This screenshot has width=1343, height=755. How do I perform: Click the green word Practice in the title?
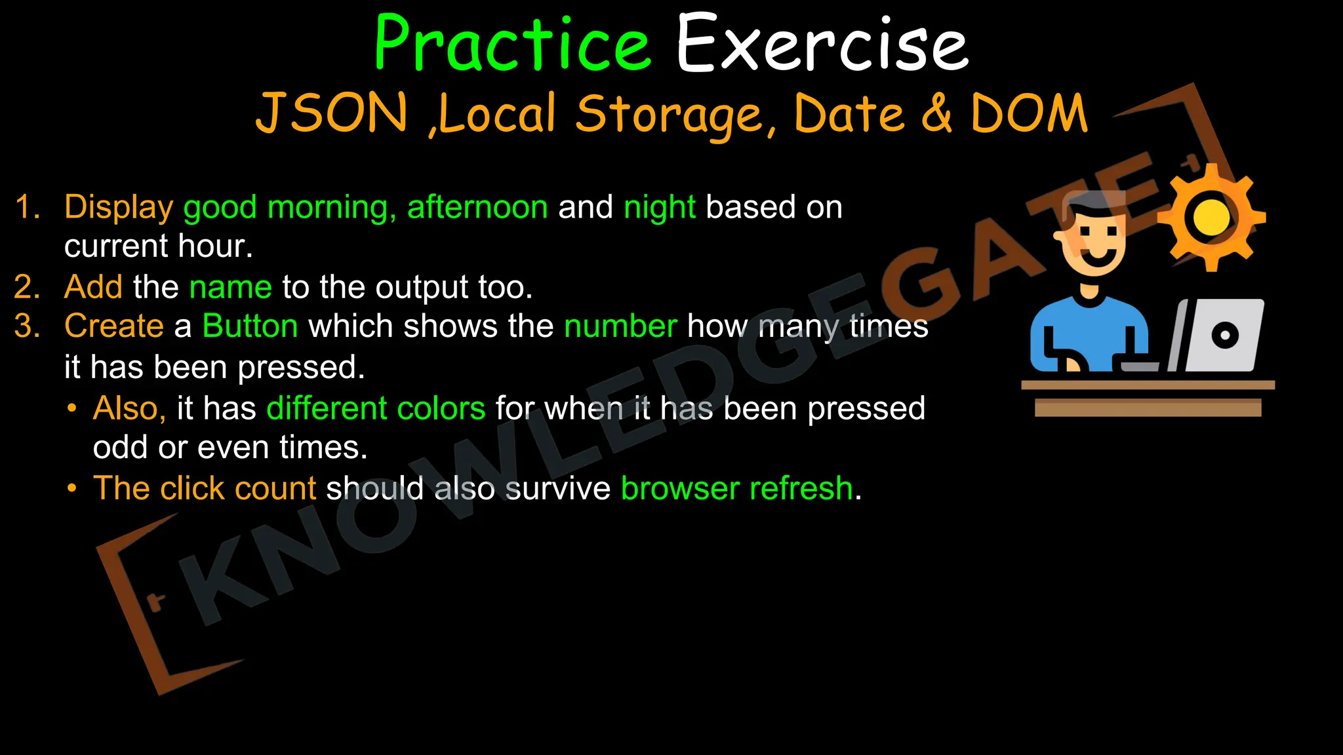512,45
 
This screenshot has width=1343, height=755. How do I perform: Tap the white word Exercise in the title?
822,45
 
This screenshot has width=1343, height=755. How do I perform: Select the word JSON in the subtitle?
332,113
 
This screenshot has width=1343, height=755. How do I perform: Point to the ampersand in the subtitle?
937,113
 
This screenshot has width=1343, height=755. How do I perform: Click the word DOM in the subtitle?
1029,113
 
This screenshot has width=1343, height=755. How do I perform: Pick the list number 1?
27,207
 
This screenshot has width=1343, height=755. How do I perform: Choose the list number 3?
27,326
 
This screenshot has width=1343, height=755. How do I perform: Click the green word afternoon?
477,207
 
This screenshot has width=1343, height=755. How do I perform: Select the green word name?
230,287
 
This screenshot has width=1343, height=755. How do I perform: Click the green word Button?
250,326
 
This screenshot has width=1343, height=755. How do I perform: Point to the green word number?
620,326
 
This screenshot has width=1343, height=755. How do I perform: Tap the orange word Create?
114,326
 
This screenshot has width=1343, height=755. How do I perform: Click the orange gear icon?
1211,218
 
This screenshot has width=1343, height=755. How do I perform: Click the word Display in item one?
119,207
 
